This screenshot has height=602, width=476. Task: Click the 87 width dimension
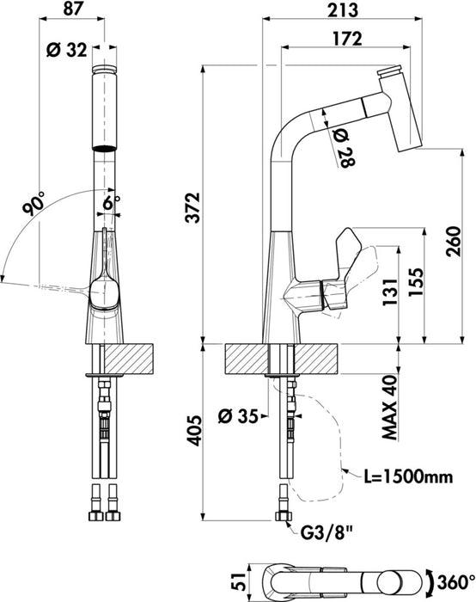point(74,9)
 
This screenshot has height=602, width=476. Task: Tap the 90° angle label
point(34,206)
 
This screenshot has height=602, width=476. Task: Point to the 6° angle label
point(112,203)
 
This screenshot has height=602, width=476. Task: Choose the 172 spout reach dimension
point(346,38)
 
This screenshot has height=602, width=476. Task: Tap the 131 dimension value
point(388,297)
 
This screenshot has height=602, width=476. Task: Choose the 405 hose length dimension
point(193,430)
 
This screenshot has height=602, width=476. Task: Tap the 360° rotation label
point(455,580)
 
